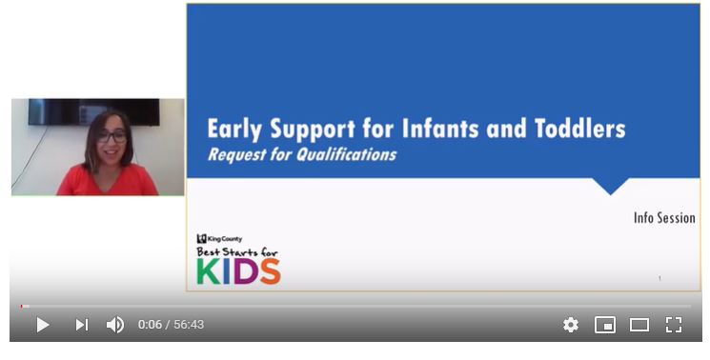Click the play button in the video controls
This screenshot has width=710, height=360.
coord(42,325)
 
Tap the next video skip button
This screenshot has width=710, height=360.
coord(82,325)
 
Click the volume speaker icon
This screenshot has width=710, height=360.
coord(115,325)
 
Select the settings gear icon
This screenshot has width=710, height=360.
coord(570,325)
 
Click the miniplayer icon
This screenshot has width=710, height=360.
coord(605,325)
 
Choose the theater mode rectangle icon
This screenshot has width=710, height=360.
coord(639,325)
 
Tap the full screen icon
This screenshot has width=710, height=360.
coord(674,325)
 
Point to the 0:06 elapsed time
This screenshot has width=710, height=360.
coord(150,325)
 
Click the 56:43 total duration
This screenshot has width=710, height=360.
coord(189,325)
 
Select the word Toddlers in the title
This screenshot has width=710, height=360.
coord(577,128)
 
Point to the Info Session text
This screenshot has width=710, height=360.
coord(664,218)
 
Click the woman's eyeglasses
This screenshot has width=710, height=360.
coord(112,137)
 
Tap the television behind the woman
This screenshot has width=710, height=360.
coord(93,111)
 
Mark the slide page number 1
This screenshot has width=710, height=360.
coord(659,278)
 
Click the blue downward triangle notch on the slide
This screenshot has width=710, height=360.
coord(610,185)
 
